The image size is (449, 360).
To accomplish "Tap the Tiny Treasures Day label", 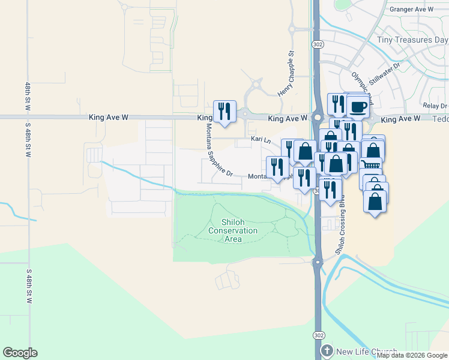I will coord(412,40).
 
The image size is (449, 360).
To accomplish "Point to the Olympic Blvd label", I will coord(363,88).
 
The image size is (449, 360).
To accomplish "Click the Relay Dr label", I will coord(435,106).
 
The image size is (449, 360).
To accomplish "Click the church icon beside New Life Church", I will coord(327,351).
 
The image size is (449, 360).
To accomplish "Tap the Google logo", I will coord(20,353).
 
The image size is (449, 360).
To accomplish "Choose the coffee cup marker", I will coord(358,107).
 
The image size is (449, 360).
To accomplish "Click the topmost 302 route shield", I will coord(318,44).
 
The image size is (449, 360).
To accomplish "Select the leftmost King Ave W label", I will coord(108,118).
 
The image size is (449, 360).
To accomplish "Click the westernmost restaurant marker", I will coord(224,111).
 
